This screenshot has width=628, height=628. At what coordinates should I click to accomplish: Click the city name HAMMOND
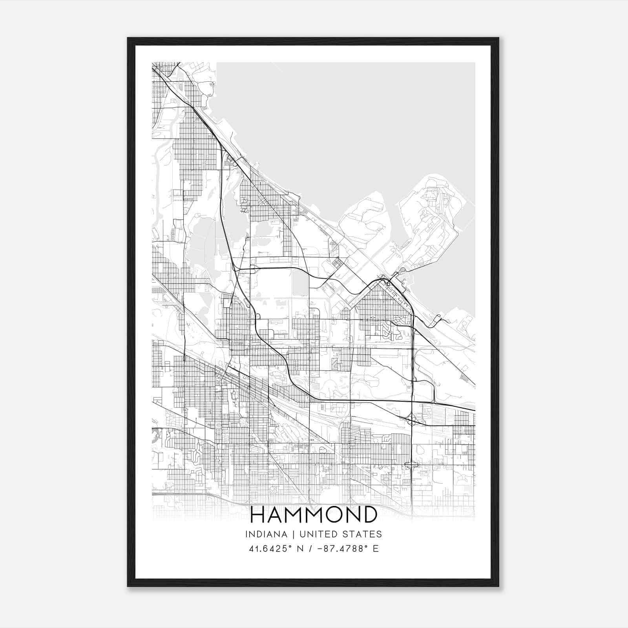tap(314, 515)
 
